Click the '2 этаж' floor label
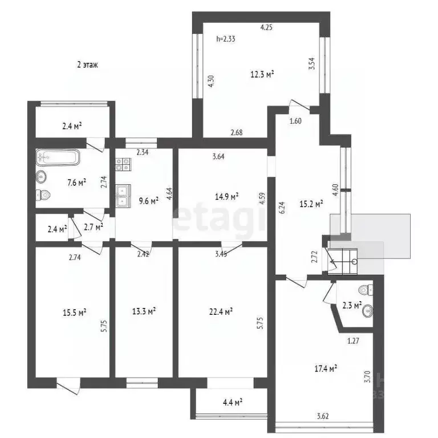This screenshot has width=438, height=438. point(87,65)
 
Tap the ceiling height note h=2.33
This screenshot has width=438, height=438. point(226,39)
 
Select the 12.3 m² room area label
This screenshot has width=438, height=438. point(262,74)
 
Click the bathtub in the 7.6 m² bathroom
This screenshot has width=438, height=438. point(58,158)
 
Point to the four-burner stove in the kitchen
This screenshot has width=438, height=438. point(123,164)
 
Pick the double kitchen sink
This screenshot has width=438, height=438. point(123,196)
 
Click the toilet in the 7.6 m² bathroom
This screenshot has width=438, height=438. point(42,194)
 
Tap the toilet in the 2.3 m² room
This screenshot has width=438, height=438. point(366,290)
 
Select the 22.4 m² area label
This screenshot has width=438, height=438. point(221,311)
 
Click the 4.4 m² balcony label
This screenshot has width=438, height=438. point(233,403)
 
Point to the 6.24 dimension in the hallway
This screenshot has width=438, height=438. point(282,208)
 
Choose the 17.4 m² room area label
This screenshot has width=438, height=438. point(326,369)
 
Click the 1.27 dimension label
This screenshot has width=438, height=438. point(353,341)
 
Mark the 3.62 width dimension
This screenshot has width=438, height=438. point(323,416)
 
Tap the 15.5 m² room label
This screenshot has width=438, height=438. point(74,313)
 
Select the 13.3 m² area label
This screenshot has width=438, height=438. point(144,311)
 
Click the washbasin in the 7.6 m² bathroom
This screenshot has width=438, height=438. point(41,177)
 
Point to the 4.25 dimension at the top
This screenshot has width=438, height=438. point(266,27)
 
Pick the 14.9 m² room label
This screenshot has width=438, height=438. point(226,197)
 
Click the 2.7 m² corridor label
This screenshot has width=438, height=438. point(94,227)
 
